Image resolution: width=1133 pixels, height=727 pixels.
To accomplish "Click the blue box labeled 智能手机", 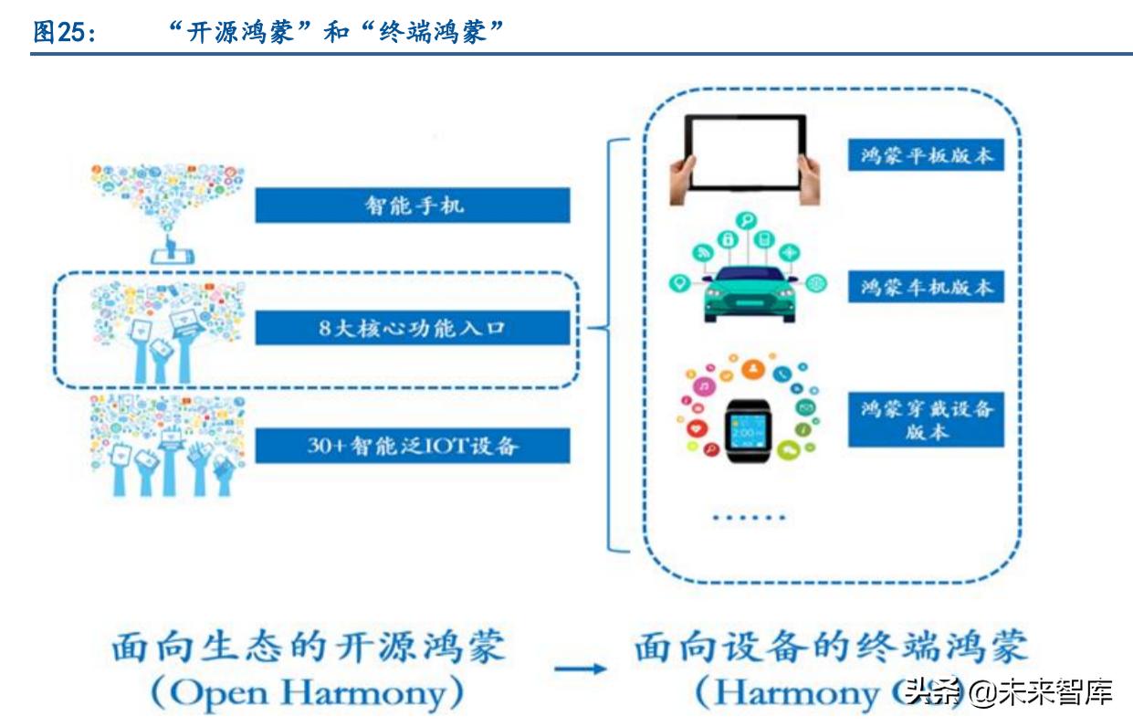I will pyautogui.click(x=412, y=205).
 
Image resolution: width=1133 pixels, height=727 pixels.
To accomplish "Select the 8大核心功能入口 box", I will pyautogui.click(x=412, y=328).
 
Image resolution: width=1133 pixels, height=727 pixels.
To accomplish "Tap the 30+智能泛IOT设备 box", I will pyautogui.click(x=412, y=446).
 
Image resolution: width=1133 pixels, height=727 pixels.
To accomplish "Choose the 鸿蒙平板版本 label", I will pyautogui.click(x=926, y=155).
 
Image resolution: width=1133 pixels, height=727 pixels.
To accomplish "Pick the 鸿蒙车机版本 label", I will pyautogui.click(x=926, y=287).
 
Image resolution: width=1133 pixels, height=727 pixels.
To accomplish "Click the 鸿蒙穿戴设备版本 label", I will pyautogui.click(x=926, y=419).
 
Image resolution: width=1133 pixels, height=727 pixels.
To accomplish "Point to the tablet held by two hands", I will pyautogui.click(x=744, y=152).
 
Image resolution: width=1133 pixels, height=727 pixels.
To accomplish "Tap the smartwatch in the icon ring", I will pyautogui.click(x=748, y=427).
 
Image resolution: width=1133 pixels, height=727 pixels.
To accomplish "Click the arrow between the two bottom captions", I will pyautogui.click(x=582, y=669).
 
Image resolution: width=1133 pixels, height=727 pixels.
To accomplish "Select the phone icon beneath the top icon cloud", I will pyautogui.click(x=173, y=251).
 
